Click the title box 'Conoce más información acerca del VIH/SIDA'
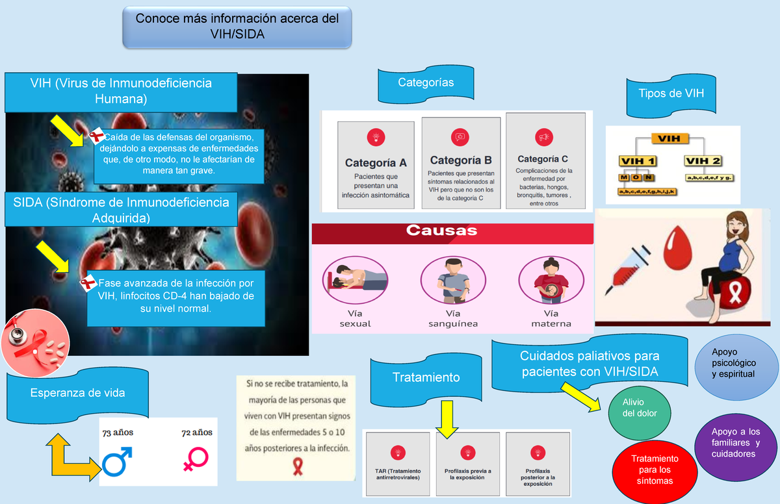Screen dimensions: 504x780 pos(237,27)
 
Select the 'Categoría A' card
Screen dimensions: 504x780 pos(376,165)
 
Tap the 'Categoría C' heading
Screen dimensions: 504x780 pos(543,158)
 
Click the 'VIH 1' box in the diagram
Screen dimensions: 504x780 pos(638,160)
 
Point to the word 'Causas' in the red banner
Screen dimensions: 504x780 pos(441,231)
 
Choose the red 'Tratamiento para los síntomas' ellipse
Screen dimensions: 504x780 pos(655,470)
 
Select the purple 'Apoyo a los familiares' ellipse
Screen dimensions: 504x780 pos(736,443)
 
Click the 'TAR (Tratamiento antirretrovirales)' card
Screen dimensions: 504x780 pos(398,465)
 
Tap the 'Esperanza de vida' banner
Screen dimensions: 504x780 pos(78,393)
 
